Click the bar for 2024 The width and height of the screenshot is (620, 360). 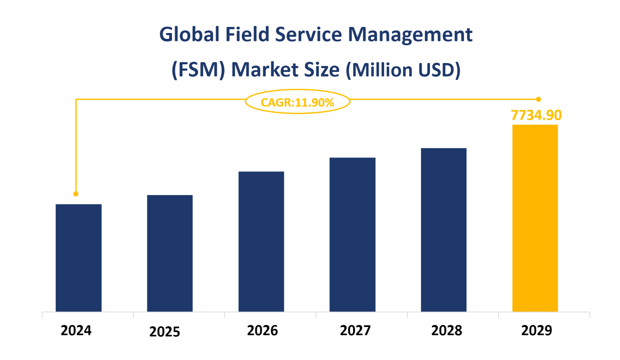pos(78,258)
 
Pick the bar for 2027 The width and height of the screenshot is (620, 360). pos(353,234)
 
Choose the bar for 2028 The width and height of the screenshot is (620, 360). pos(444,230)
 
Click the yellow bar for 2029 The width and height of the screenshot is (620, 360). pos(535,218)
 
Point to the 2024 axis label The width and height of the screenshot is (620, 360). pos(76,330)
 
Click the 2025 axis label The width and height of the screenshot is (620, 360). pos(165,332)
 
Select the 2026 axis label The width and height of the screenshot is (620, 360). pos(262,330)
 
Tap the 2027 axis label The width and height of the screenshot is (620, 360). pos(355,330)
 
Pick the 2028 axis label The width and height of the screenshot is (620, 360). pos(446,330)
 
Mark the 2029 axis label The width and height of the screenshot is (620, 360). pos(537,330)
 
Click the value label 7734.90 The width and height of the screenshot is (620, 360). pos(536,115)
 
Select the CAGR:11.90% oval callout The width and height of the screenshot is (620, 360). pos(298,102)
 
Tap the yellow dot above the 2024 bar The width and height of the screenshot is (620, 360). pos(76,194)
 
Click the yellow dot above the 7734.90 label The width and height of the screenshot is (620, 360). pos(538,99)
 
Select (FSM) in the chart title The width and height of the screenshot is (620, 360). pos(198,70)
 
